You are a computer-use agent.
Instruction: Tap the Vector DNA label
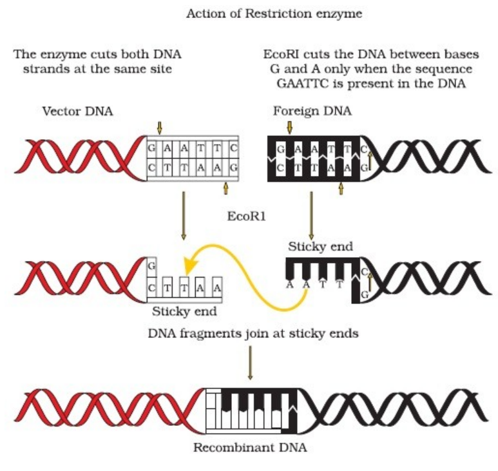[x=77, y=111]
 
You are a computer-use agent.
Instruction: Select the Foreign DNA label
[x=312, y=111]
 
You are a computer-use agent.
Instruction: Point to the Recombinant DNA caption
[x=250, y=447]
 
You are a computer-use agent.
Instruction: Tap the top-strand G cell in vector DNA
[x=152, y=148]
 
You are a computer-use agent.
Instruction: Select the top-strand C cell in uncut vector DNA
[x=233, y=148]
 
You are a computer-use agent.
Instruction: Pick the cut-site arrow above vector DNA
[x=160, y=127]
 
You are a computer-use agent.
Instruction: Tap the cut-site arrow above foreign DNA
[x=289, y=127]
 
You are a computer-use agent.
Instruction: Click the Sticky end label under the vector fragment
[x=184, y=312]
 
